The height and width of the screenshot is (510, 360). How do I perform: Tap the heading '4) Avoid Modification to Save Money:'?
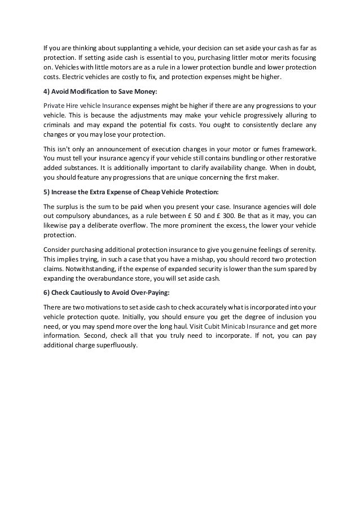(x=96, y=93)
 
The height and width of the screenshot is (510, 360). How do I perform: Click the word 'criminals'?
(x=56, y=124)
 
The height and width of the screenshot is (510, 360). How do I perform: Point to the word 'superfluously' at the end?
(x=118, y=345)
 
